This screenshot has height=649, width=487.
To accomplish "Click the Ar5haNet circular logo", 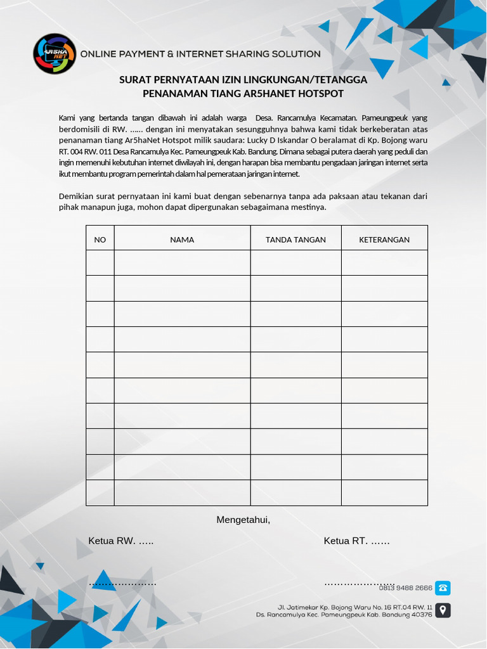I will tap(55, 54).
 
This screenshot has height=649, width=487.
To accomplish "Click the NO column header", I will tap(100, 240).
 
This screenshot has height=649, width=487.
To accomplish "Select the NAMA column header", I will tap(182, 240).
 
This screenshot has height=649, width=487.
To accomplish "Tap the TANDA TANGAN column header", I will tap(295, 240).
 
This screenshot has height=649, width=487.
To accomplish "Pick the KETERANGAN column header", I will tap(384, 240).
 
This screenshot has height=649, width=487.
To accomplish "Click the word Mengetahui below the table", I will tap(243, 520).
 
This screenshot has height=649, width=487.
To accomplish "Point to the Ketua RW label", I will tap(120, 541).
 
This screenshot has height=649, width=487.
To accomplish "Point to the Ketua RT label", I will tap(356, 541).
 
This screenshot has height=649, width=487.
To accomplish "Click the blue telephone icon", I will tap(443, 588).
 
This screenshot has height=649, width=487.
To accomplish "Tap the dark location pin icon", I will tap(443, 610).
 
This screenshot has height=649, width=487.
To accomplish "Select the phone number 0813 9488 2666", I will tap(406, 588).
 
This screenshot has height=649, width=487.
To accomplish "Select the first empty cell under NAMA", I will tap(182, 263).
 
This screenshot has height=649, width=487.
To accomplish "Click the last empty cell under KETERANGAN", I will tap(384, 492).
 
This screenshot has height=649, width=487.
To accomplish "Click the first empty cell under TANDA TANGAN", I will tap(295, 263).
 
